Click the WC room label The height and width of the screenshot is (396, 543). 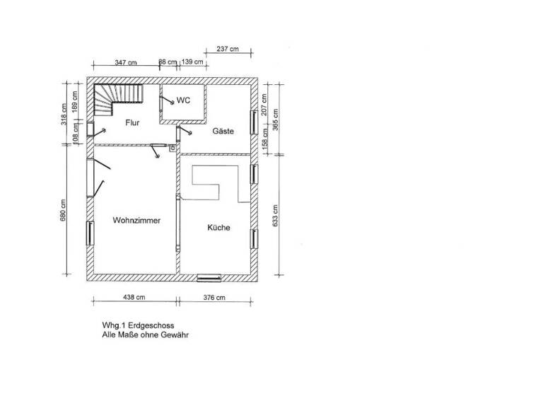pos(184,101)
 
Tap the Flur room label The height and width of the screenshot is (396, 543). pos(132,123)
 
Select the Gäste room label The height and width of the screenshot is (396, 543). pos(223,132)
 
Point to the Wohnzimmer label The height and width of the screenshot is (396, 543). pos(136,221)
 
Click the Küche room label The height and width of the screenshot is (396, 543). pos(218,228)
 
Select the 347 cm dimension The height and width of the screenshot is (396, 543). pos(126,63)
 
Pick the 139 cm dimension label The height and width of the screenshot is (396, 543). pos(192,63)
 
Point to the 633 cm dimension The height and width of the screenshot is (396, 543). pos(276,215)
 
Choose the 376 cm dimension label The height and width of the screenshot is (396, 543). pos(214,298)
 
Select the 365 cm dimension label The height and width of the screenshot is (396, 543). pos(276,120)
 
